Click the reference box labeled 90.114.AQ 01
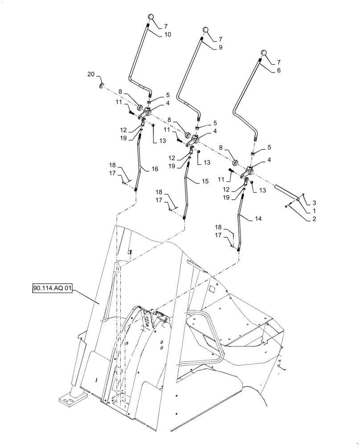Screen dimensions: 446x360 [52, 289]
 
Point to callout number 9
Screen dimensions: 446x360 [220, 47]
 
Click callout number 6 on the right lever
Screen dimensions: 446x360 [278, 70]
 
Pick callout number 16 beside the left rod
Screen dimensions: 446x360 [155, 169]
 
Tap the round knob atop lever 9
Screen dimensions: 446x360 [206, 30]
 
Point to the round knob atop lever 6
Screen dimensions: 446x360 [264, 53]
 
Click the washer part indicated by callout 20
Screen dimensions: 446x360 [102, 86]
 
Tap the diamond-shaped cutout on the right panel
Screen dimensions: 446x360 [212, 291]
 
